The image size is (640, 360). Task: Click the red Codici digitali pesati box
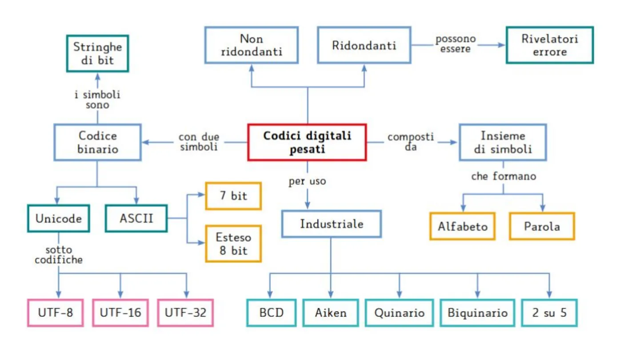click(307, 142)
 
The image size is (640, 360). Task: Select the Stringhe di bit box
click(97, 53)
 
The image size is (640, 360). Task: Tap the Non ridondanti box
click(252, 45)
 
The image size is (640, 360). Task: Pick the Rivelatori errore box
click(550, 45)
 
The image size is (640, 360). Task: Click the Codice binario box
click(98, 142)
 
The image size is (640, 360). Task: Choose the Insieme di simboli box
click(503, 142)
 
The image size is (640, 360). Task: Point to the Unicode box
click(58, 218)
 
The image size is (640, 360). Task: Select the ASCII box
click(136, 218)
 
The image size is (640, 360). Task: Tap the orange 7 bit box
click(233, 196)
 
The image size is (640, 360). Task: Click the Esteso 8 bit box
click(233, 243)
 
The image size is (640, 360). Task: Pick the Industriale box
click(332, 224)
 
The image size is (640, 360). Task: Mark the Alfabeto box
click(462, 226)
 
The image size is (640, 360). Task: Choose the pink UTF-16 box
click(120, 312)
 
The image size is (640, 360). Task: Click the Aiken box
click(331, 312)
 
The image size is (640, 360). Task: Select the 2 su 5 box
click(549, 312)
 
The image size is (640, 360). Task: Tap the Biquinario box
click(477, 312)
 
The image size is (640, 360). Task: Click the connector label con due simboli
click(199, 142)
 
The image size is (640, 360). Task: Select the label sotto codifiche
click(58, 255)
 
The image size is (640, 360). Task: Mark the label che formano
click(504, 176)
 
